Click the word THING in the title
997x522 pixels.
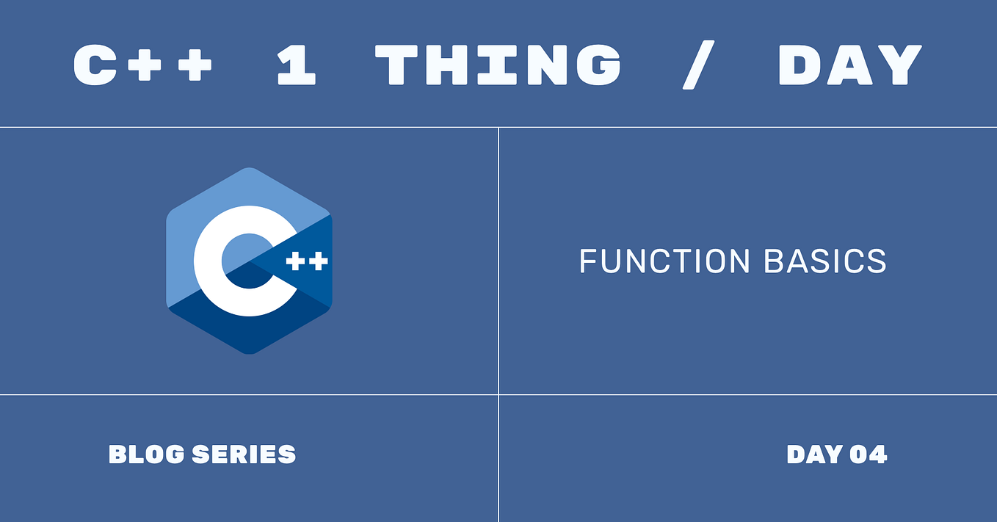point(498,65)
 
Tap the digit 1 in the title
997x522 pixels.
point(296,65)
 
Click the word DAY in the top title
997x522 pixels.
point(849,65)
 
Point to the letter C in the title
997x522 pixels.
point(98,65)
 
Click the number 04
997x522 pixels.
point(869,454)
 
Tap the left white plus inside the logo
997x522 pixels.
point(295,262)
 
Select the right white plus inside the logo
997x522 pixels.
point(318,262)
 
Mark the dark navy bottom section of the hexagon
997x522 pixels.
point(249,334)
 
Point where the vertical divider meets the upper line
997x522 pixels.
point(498,127)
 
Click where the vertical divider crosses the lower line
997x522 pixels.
point(498,394)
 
